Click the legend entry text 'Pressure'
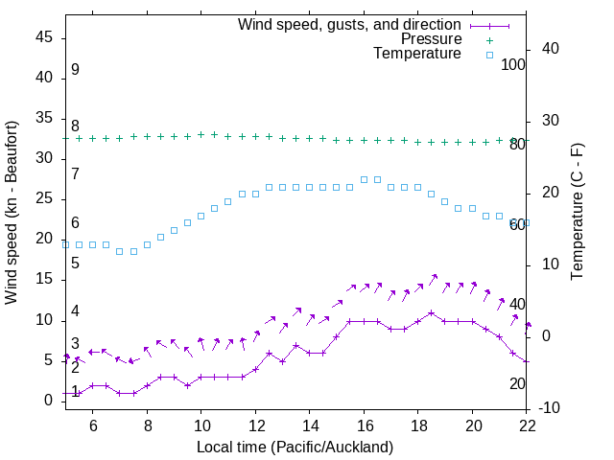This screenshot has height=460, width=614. (x=431, y=39)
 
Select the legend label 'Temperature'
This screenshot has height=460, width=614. (x=417, y=55)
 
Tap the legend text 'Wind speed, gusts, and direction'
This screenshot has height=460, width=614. (x=349, y=24)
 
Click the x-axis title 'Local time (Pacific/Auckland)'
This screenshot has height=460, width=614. (x=295, y=447)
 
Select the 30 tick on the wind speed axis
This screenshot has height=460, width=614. (x=45, y=159)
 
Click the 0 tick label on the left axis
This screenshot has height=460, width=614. (x=49, y=401)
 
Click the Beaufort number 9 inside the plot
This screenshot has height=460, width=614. (x=75, y=70)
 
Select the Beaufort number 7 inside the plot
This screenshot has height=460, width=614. (x=75, y=174)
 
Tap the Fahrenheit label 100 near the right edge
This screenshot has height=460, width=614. (x=514, y=64)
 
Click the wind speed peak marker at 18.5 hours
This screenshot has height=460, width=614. (x=432, y=312)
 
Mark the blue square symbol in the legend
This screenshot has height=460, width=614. (x=488, y=55)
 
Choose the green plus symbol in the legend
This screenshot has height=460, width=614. (x=488, y=39)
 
